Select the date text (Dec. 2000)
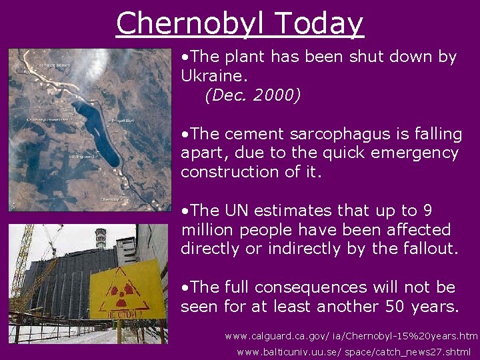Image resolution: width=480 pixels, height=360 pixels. pos(253,95)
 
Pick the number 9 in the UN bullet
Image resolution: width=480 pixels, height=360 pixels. pos(427,211)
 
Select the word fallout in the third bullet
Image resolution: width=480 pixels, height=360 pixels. pos(428,249)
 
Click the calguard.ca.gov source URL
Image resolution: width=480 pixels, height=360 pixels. pos(351,336)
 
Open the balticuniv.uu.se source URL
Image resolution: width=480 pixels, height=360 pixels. pos(353,352)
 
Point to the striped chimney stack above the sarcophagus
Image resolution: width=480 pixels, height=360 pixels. pos(101,239)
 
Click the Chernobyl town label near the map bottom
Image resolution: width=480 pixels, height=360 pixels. pos(110,199)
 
